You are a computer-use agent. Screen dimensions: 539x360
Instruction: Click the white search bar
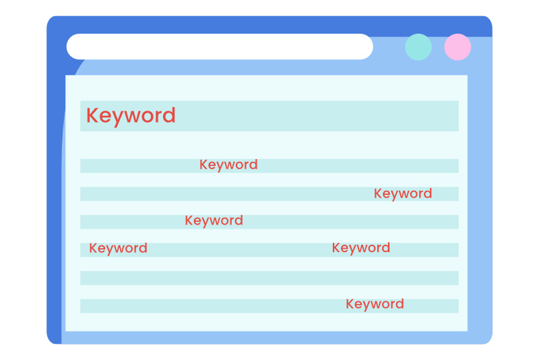(x=220, y=47)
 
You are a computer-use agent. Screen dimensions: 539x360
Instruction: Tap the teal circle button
(x=418, y=47)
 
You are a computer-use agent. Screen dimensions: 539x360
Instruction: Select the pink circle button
(x=457, y=47)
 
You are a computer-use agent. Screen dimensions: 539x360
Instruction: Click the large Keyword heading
(x=131, y=115)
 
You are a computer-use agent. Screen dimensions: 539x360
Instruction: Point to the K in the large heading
(x=92, y=115)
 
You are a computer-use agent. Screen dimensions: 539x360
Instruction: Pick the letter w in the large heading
(x=133, y=117)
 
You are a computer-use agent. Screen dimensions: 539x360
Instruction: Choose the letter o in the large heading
(x=148, y=117)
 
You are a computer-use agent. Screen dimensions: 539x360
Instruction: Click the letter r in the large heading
(x=159, y=117)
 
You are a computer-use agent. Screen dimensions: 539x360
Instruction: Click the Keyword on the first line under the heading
(x=228, y=165)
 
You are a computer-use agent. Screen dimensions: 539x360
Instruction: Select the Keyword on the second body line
(x=403, y=194)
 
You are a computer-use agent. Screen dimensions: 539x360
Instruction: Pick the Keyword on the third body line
(x=214, y=220)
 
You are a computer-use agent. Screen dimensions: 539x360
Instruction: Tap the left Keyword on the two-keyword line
(x=118, y=249)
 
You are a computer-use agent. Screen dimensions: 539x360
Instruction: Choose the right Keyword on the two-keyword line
(x=361, y=248)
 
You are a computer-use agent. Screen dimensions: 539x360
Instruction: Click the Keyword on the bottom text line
(x=375, y=304)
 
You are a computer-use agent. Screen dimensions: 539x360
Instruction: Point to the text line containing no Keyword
(x=269, y=278)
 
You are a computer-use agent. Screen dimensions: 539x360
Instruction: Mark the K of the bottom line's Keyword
(x=350, y=303)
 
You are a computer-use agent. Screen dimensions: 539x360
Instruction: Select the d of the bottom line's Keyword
(x=400, y=303)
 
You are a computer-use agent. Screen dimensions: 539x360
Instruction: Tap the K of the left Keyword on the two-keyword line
(x=93, y=248)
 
